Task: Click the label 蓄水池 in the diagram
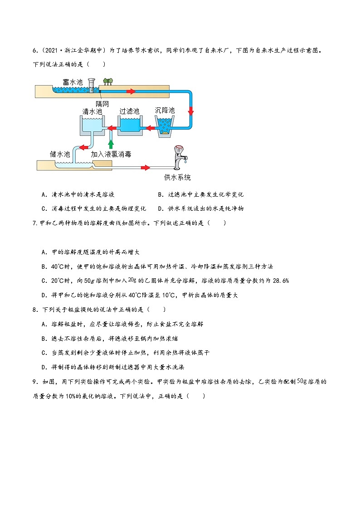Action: [73, 82]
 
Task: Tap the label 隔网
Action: [102, 103]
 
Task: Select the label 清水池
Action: [92, 111]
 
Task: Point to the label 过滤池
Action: [129, 111]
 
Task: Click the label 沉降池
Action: [165, 111]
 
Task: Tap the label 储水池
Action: [60, 154]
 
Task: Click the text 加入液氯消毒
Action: [111, 154]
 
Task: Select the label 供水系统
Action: [177, 177]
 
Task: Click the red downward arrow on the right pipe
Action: [191, 111]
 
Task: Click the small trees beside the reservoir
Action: [107, 81]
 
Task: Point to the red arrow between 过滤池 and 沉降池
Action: [148, 128]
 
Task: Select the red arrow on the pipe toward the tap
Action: [145, 168]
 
